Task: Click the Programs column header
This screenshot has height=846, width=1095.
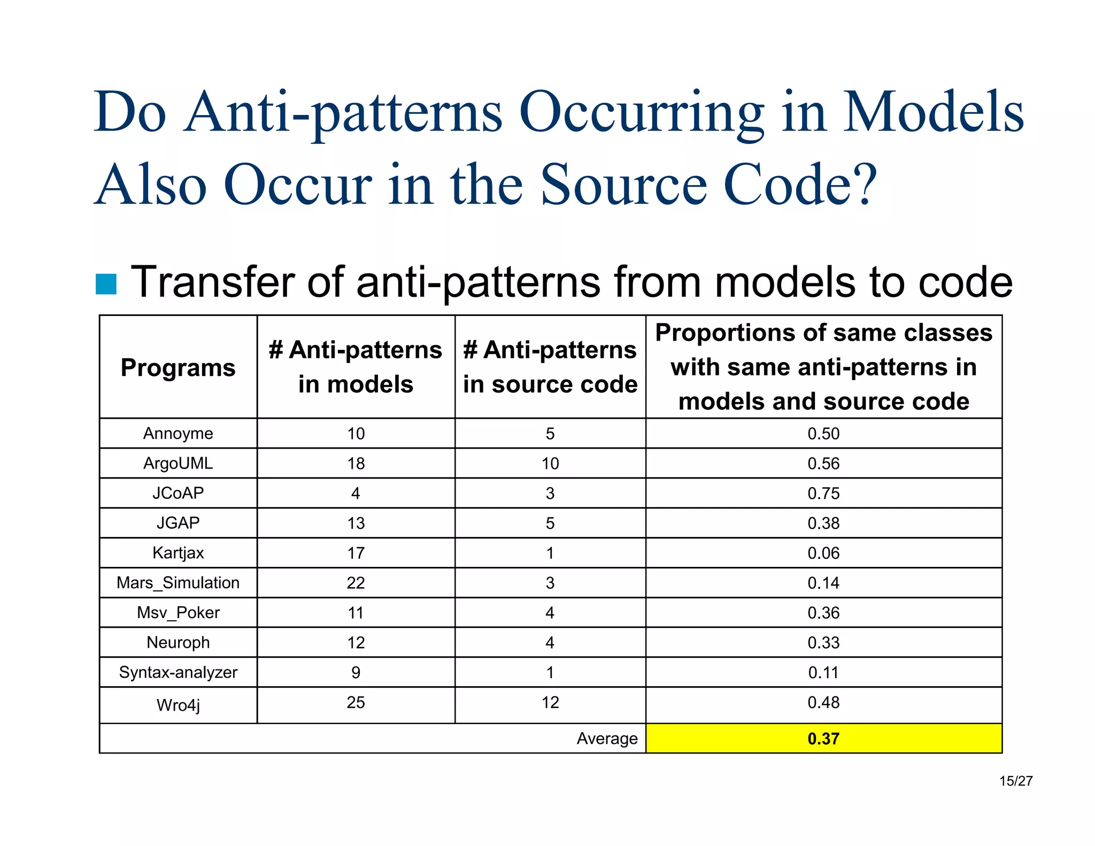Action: pos(178,368)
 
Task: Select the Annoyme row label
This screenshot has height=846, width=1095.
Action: pos(178,433)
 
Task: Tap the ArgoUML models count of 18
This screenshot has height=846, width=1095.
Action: pos(356,463)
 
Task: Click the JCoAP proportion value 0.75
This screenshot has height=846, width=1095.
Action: pos(823,493)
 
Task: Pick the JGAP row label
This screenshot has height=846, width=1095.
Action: pos(178,522)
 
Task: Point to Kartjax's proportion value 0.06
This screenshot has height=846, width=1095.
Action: pos(823,553)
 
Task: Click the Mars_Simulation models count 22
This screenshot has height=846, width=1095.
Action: pos(356,583)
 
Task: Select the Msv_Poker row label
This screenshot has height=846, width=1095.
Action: pos(178,612)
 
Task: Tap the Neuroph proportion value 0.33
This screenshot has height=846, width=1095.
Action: pos(823,642)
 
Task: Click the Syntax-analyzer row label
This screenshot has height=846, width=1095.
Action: pos(178,672)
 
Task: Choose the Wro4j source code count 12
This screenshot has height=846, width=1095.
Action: pos(550,702)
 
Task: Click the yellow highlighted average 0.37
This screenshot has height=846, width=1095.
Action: pos(823,739)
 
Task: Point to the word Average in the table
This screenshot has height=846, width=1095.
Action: pos(607,739)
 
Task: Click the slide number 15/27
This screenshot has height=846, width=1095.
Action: pos(1015,781)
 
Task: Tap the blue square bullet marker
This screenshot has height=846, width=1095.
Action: pos(106,284)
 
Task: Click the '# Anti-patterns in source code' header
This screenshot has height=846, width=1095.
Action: pos(550,367)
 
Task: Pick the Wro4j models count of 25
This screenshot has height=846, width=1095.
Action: pos(356,702)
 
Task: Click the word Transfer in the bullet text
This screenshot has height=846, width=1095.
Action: pos(214,282)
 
